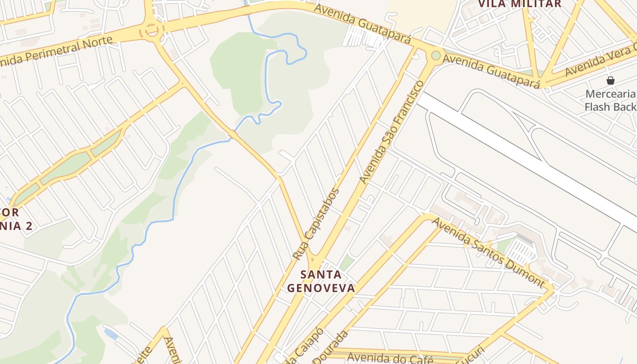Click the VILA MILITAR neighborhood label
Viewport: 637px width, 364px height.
[x=519, y=4]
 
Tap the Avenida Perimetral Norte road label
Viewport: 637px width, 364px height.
[x=57, y=51]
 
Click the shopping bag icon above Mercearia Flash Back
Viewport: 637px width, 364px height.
[x=610, y=81]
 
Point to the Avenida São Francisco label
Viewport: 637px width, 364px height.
[x=392, y=132]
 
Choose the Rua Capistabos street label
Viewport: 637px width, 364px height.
[x=316, y=224]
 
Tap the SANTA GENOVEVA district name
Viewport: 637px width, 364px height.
[x=321, y=281]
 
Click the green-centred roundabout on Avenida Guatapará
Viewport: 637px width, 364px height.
[x=436, y=56]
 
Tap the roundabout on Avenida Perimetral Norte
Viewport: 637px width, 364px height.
[x=152, y=31]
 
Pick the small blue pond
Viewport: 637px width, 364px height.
[x=111, y=334]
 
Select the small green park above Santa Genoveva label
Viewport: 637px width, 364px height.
[x=347, y=262]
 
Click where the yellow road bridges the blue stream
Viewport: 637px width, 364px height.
[x=233, y=135]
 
